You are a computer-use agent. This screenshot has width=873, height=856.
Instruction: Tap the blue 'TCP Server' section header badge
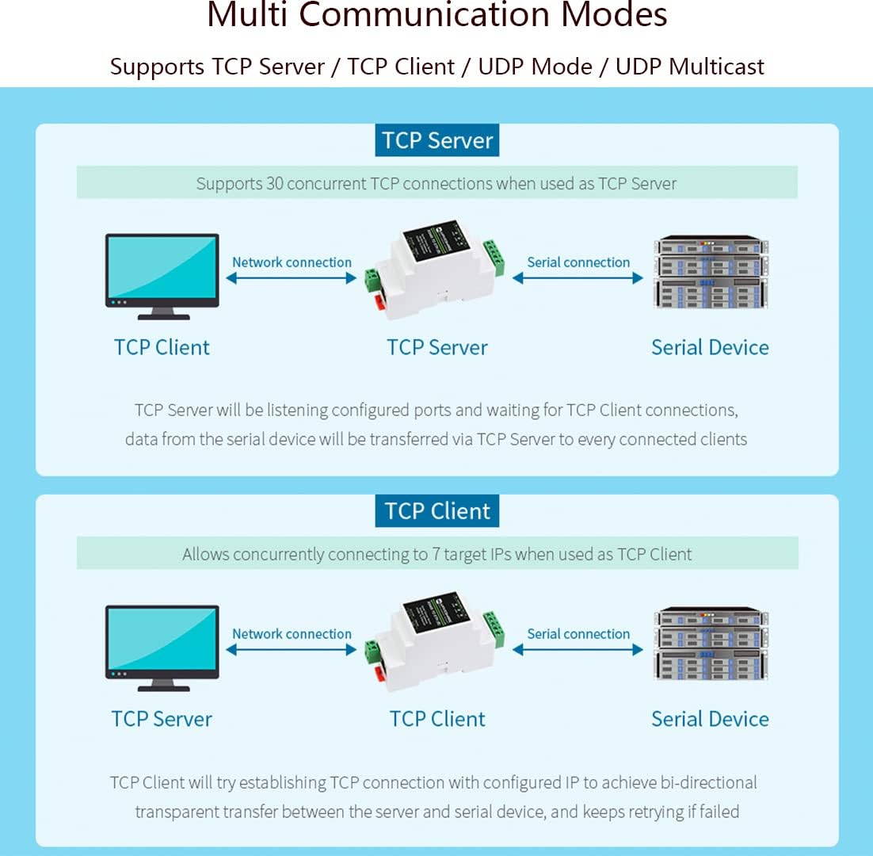(437, 140)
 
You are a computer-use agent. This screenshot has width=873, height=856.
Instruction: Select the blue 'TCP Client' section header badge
(437, 511)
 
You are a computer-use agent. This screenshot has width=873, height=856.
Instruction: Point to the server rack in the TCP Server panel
(711, 272)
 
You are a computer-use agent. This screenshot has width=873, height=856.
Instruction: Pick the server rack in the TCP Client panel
(711, 644)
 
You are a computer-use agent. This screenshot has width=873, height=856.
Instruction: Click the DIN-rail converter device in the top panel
(434, 269)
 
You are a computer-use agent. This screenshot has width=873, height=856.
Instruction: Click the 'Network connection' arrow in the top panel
(292, 278)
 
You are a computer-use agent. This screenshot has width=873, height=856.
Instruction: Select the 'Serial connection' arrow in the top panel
(578, 278)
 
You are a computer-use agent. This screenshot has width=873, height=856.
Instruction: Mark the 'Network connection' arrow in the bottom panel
(292, 650)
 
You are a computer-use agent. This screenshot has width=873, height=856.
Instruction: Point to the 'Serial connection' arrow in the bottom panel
(578, 650)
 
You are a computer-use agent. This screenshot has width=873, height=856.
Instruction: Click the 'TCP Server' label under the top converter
(437, 347)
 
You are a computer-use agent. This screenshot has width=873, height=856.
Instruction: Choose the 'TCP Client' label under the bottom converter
(437, 719)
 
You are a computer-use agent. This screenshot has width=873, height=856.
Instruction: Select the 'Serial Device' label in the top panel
(710, 347)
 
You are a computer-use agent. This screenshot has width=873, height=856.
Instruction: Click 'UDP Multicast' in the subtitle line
(690, 67)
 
